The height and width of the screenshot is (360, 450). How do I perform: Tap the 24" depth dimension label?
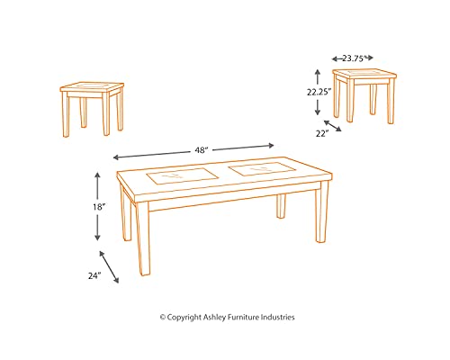point(94,276)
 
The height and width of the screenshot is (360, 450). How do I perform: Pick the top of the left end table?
point(91,89)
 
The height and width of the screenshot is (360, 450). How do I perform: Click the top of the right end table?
point(364,74)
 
